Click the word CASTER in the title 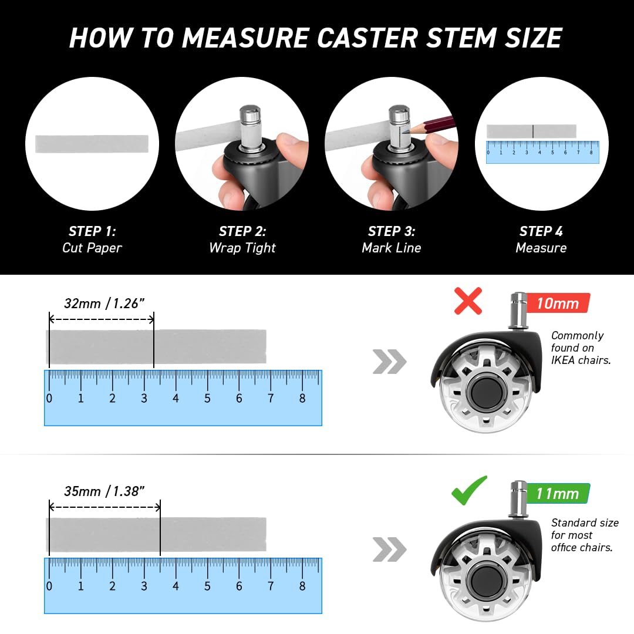coord(367,38)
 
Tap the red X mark coord(468,301)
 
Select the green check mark coord(469,490)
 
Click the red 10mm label coord(558,303)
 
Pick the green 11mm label coord(558,493)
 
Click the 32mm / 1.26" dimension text coord(104,303)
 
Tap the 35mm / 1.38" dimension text coord(104,491)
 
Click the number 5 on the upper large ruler coord(207,399)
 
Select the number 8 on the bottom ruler coord(302,586)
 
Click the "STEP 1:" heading coord(92,231)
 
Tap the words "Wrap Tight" coord(242,248)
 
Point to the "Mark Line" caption coord(392,248)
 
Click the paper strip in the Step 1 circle coord(92,144)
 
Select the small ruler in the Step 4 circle coord(542,152)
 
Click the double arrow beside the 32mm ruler coord(389,362)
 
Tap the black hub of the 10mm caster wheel coord(486,393)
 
